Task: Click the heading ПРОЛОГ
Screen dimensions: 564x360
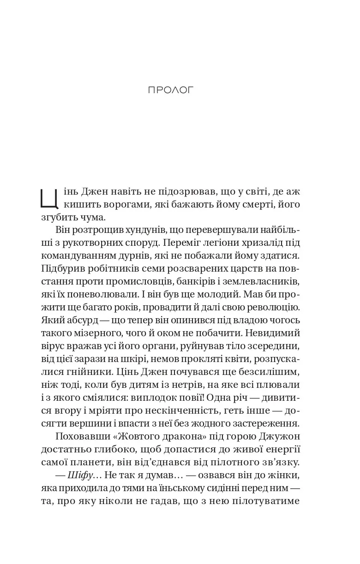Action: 171,90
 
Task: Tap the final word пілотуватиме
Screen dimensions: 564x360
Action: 272,500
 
